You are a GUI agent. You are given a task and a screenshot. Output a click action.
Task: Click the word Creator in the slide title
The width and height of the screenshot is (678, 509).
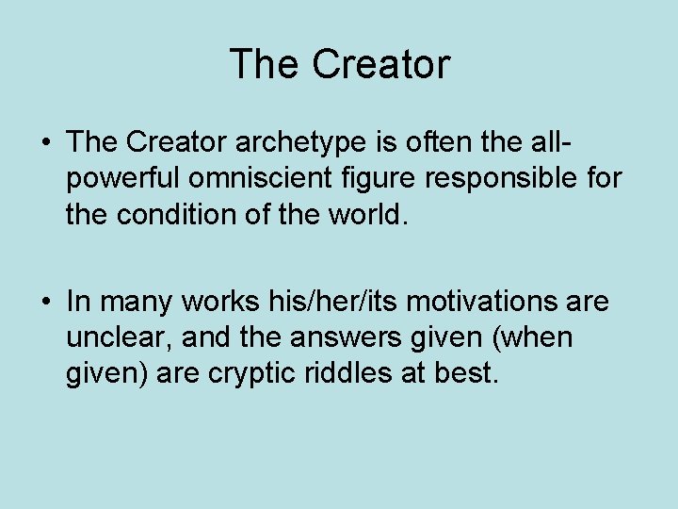pyautogui.click(x=381, y=65)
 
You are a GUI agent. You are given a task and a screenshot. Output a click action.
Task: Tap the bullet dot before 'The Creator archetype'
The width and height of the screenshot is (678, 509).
pyautogui.click(x=45, y=143)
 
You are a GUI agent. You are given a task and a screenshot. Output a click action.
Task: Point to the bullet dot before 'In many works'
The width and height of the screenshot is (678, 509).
pyautogui.click(x=45, y=303)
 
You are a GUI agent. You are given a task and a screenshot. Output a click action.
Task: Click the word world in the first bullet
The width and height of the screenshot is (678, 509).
pyautogui.click(x=368, y=214)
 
